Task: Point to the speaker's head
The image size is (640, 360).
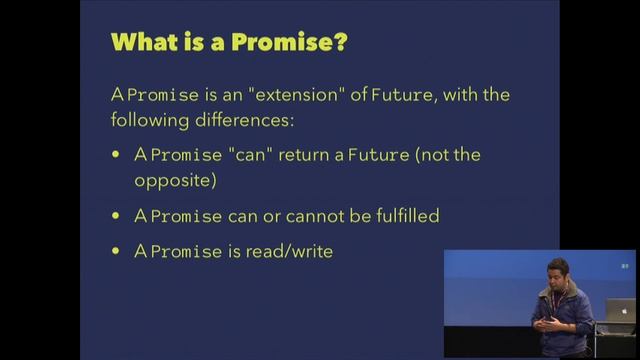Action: (x=558, y=274)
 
